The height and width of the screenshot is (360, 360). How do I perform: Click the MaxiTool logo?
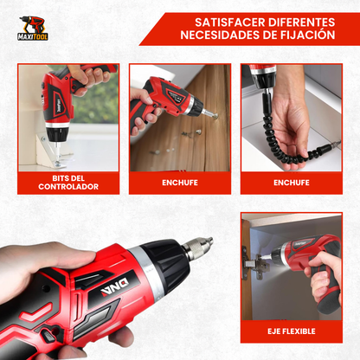click(x=33, y=28)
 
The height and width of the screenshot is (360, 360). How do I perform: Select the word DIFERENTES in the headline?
click(x=302, y=22)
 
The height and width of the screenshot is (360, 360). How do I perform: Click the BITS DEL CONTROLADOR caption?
click(x=68, y=183)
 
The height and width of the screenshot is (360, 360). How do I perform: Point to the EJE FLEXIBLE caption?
click(x=292, y=331)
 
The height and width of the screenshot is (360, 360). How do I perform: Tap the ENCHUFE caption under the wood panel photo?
click(x=180, y=183)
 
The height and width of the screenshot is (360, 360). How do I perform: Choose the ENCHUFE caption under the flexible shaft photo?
click(x=292, y=183)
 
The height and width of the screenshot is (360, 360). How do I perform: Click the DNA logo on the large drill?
click(x=115, y=287)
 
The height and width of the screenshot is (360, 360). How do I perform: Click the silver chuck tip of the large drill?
click(x=198, y=247)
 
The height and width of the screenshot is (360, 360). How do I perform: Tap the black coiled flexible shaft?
click(x=283, y=135)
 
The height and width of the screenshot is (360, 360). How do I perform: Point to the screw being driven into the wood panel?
click(x=214, y=117)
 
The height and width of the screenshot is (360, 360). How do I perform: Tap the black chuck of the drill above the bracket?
click(x=57, y=133)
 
